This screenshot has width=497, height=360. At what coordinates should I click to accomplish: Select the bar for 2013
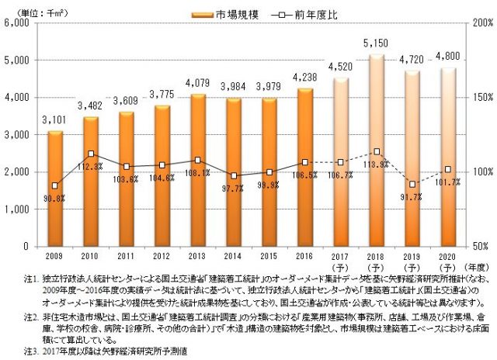[197, 171]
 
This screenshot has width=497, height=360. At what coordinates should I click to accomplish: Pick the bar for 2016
[304, 168]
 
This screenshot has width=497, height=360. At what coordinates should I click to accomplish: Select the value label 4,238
[304, 80]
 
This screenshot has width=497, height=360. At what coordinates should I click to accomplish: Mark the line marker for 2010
[91, 154]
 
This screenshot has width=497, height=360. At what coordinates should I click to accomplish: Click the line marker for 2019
[412, 185]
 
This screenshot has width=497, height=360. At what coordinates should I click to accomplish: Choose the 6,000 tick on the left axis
[16, 23]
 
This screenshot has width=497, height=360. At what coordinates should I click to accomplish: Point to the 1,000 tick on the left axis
[16, 209]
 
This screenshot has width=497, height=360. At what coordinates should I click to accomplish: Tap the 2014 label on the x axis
[233, 255]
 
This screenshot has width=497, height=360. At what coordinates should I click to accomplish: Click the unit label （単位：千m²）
[32, 12]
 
